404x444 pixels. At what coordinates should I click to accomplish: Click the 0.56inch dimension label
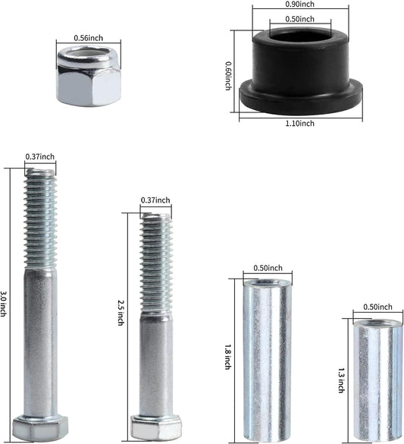tap(89, 37)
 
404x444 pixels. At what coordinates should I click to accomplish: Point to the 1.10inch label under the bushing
tap(300, 124)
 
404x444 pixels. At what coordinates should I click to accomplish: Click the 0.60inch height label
tap(228, 75)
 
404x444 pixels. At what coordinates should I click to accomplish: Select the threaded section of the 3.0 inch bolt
tap(40, 217)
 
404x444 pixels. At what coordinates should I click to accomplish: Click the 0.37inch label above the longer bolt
tap(40, 157)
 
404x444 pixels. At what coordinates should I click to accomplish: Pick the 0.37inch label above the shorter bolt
tap(155, 200)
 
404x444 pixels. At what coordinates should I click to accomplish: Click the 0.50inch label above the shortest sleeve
tap(377, 307)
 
